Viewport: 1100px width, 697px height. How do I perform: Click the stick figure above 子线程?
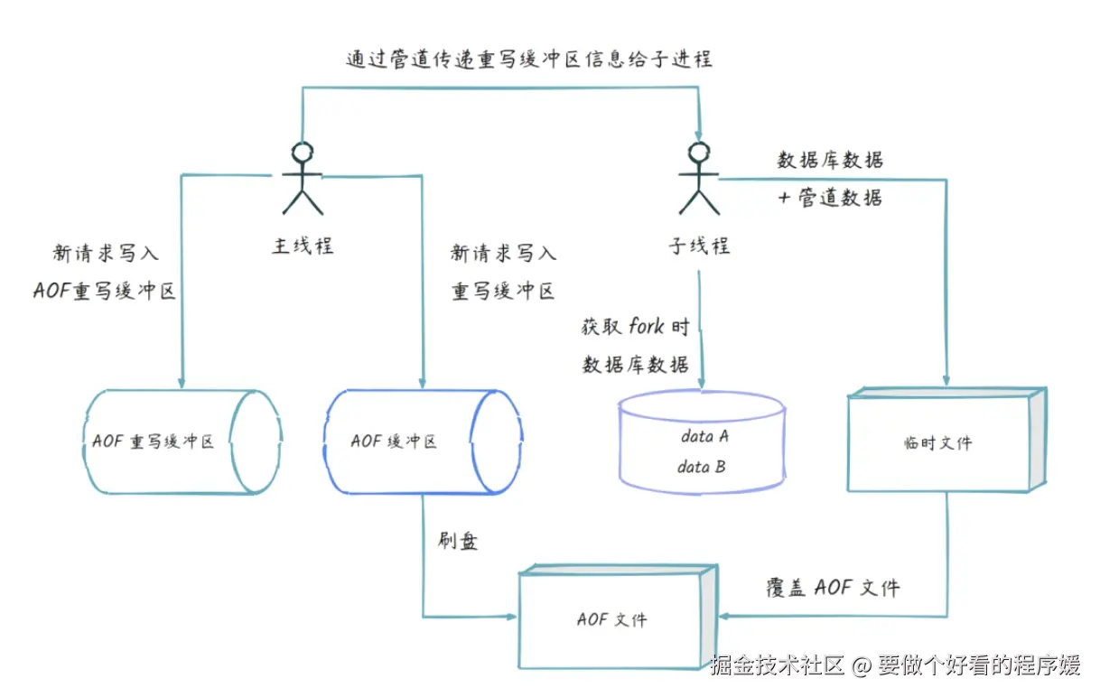click(x=698, y=178)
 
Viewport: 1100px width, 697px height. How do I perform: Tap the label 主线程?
click(x=303, y=246)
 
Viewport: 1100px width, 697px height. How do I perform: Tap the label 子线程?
click(x=698, y=246)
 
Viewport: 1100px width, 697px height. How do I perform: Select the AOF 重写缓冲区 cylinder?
click(x=181, y=441)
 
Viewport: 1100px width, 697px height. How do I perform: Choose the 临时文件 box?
click(x=945, y=441)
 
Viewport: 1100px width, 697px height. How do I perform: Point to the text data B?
click(x=702, y=468)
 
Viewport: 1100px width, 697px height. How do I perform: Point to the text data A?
click(x=704, y=437)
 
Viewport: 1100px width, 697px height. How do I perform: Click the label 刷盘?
click(x=457, y=542)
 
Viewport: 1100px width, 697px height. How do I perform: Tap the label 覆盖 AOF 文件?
click(x=832, y=588)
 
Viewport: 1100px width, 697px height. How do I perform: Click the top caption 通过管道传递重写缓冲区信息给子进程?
click(x=529, y=60)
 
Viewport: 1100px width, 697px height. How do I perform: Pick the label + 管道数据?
click(x=829, y=198)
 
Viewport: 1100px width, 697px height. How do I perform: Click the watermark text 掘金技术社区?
click(x=778, y=667)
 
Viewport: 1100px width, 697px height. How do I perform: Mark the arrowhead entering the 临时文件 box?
click(x=946, y=381)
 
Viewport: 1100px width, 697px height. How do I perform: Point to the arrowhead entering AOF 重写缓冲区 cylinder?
click(x=182, y=381)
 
